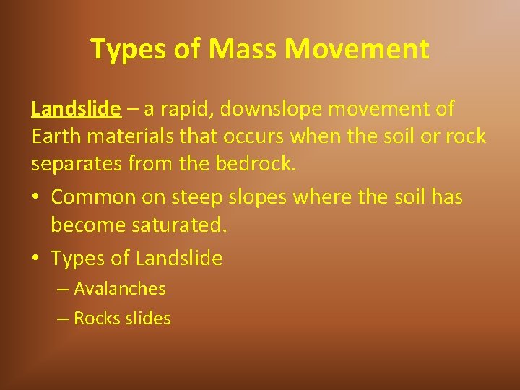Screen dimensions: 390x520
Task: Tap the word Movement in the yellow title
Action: click(x=357, y=49)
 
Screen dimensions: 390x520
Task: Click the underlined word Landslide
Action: click(x=76, y=109)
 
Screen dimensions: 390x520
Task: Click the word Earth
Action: click(x=55, y=136)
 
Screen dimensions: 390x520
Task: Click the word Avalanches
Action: click(x=120, y=289)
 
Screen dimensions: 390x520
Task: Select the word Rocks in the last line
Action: click(x=95, y=318)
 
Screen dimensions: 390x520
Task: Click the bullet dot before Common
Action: click(x=35, y=197)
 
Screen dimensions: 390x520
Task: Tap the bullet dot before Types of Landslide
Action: click(x=35, y=258)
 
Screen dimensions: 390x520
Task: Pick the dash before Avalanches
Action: click(x=63, y=289)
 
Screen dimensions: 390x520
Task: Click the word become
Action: click(x=84, y=225)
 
